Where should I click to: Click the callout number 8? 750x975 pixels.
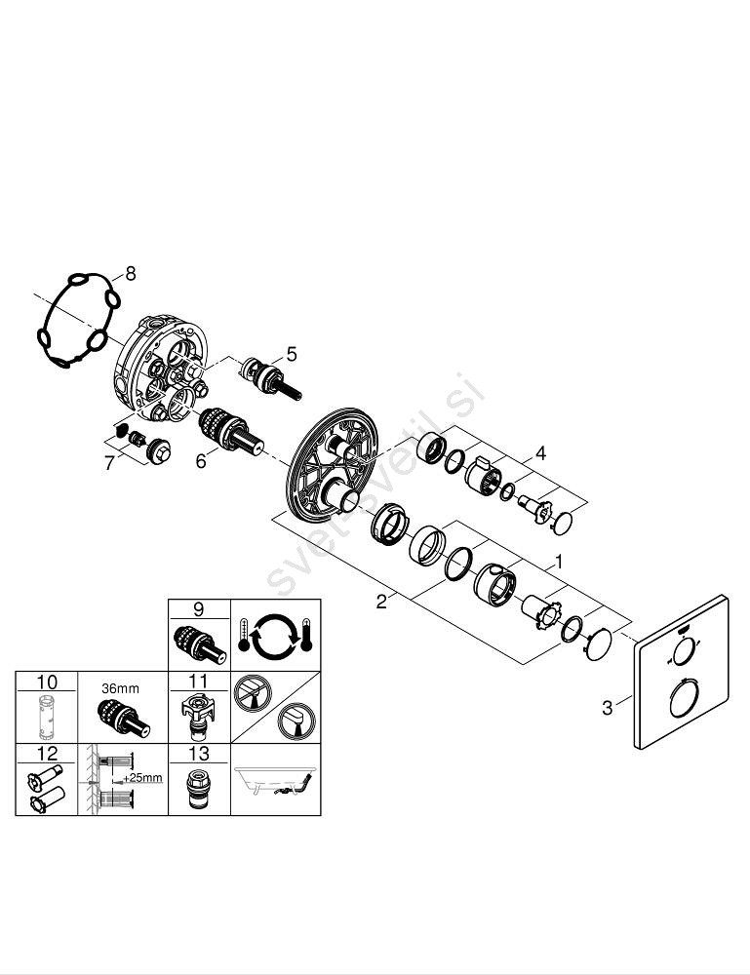[131, 274]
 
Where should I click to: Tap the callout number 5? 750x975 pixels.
[291, 354]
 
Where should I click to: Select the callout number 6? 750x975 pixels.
[201, 460]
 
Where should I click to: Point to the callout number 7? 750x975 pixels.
[109, 463]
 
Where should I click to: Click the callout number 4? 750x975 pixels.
[539, 452]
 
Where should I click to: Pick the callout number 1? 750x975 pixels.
[559, 562]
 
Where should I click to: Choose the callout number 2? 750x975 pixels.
[380, 602]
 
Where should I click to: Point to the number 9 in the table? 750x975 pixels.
[198, 609]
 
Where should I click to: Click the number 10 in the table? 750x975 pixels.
[47, 681]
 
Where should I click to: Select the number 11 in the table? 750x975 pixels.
[198, 681]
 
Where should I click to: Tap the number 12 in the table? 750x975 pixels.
[47, 753]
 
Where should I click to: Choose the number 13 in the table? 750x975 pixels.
[198, 753]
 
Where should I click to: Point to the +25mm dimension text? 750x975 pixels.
[143, 778]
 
